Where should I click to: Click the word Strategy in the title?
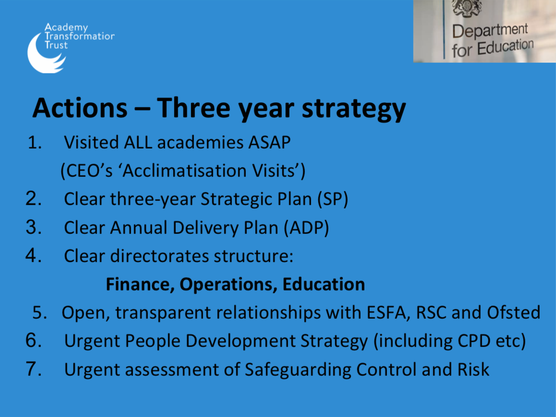pyautogui.click(x=353, y=108)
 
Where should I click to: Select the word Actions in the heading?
pyautogui.click(x=80, y=108)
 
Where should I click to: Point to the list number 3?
pyautogui.click(x=34, y=227)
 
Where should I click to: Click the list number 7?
pyautogui.click(x=34, y=369)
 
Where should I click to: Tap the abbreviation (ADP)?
pyautogui.click(x=306, y=228)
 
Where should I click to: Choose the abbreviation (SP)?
pyautogui.click(x=333, y=199)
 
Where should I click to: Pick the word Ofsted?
pyautogui.click(x=513, y=312)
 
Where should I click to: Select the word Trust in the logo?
pyautogui.click(x=56, y=45)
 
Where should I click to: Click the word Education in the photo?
pyautogui.click(x=505, y=46)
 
